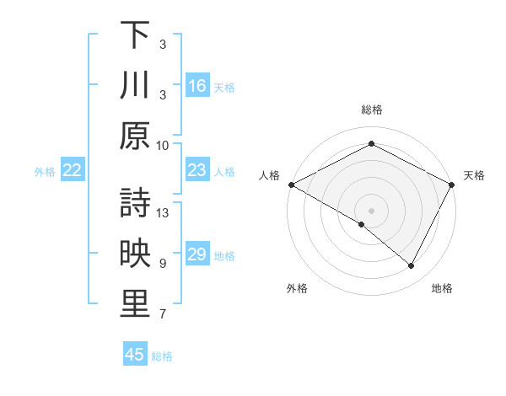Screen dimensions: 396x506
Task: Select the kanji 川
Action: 135,85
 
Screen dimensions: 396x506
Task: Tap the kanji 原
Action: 135,135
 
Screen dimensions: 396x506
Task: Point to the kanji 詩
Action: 135,203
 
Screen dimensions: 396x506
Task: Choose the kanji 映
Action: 135,254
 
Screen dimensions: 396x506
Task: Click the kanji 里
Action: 135,305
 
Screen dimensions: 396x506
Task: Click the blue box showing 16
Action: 197,85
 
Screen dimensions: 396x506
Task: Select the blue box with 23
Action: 197,170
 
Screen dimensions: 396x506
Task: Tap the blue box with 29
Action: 197,254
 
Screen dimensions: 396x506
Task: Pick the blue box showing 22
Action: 73,170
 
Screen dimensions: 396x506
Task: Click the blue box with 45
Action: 135,355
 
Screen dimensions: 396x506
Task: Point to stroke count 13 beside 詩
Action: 164,213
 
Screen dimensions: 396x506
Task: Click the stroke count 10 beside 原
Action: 163,145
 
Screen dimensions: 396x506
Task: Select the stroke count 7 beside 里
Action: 163,315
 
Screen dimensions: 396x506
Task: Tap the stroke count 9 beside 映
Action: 163,264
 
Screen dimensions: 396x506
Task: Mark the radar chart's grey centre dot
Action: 371,210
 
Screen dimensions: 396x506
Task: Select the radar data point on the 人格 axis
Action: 291,185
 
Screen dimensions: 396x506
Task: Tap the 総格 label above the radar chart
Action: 371,110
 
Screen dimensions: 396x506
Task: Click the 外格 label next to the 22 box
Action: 45,171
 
